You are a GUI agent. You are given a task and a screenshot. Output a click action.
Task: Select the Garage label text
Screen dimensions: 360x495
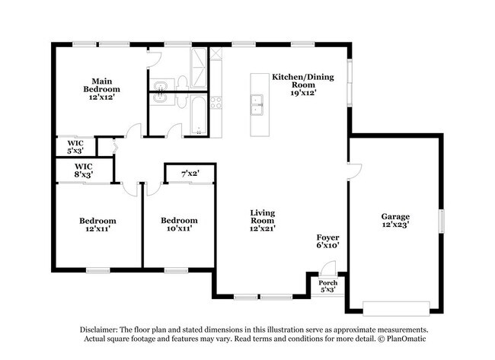pyautogui.click(x=395, y=221)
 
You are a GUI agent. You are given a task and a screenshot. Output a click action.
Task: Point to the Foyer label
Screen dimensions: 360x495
pyautogui.click(x=328, y=241)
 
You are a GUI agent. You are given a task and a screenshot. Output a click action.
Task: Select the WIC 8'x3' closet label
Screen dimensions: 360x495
pyautogui.click(x=83, y=170)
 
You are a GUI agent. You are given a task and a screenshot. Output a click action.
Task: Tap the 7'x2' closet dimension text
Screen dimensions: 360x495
pyautogui.click(x=190, y=174)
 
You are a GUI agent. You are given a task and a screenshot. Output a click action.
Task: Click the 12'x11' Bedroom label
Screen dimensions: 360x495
pyautogui.click(x=98, y=225)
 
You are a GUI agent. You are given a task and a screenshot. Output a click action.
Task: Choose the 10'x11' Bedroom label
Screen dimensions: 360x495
pyautogui.click(x=179, y=225)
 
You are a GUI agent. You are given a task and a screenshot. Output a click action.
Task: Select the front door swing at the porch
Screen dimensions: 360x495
pyautogui.click(x=328, y=269)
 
